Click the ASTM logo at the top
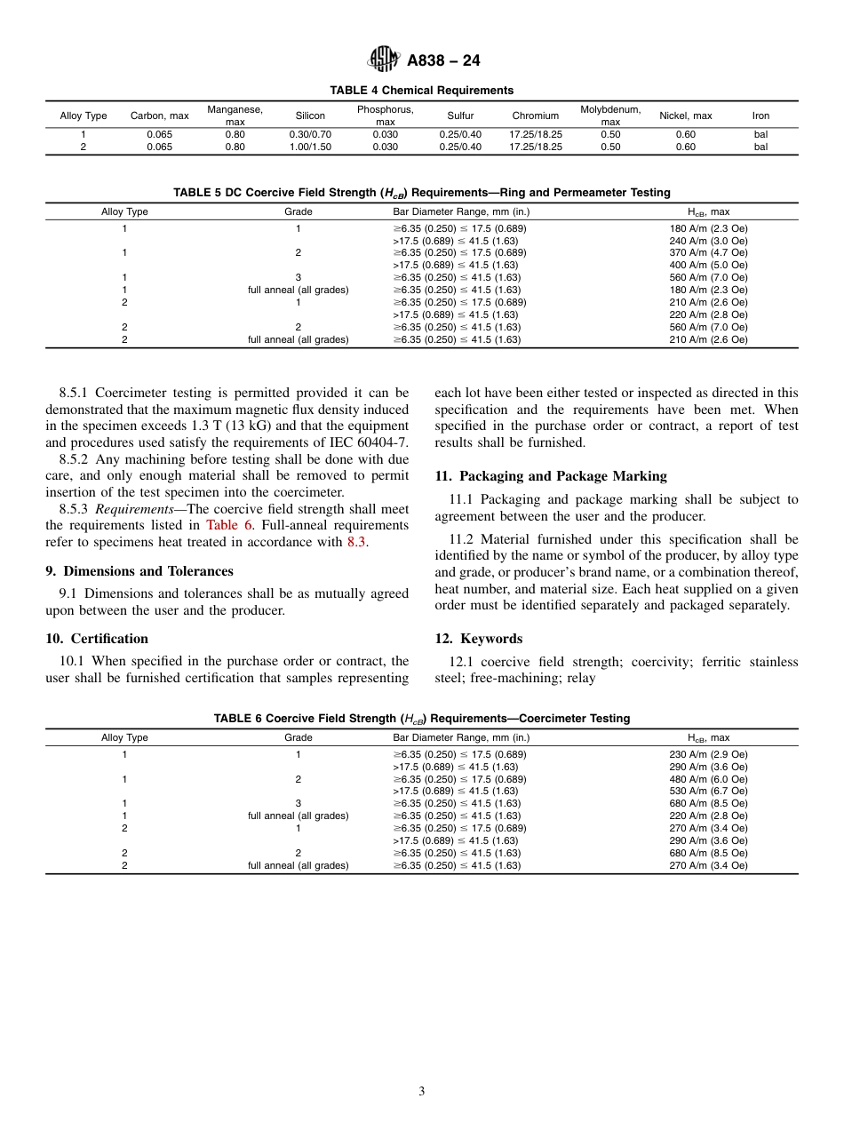pos(384,60)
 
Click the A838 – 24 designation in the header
pos(443,61)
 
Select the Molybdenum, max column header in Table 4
pos(610,115)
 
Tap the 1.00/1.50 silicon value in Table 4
pos(310,147)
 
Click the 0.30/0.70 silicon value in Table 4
pos(310,135)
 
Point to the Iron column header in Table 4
pos(760,115)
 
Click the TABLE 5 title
pos(421,193)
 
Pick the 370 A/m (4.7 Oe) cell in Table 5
pos(708,252)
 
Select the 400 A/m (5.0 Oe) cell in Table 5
pos(708,265)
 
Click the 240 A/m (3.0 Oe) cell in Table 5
pos(708,240)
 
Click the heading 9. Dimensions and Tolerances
pos(139,571)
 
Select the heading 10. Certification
pos(97,639)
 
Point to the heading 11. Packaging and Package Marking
pos(550,476)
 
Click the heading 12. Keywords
pos(478,639)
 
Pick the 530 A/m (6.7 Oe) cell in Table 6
pos(708,791)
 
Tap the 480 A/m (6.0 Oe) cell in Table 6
pos(708,778)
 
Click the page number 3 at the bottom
pos(421,1092)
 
